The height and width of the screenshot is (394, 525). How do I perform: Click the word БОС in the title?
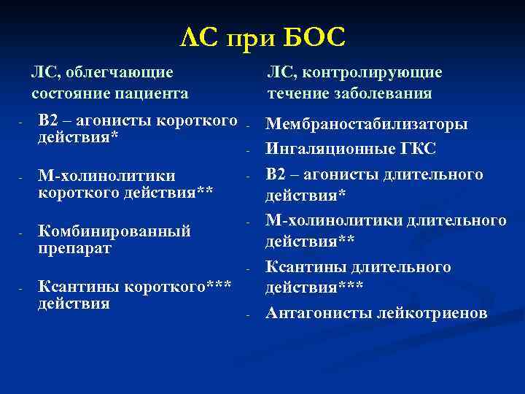coord(311,36)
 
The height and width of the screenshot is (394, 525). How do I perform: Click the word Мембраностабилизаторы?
coord(367,125)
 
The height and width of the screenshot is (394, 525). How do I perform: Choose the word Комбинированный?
coord(114,231)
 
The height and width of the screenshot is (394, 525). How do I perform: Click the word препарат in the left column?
coord(74,248)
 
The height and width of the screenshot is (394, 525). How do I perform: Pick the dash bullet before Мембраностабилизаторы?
coord(248,125)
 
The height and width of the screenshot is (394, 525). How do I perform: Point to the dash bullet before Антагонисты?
coord(248,314)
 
